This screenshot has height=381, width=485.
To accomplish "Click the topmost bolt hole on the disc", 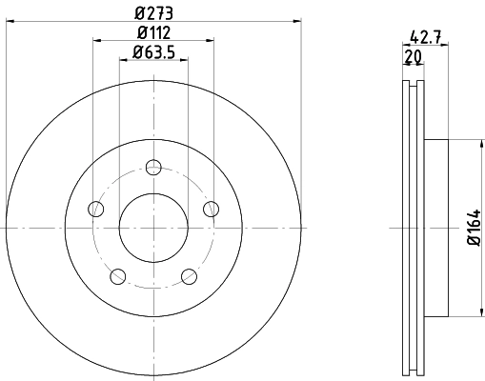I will [x=152, y=168].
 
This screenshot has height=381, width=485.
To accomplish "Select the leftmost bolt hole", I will [x=94, y=209].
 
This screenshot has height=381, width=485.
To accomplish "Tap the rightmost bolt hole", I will [x=211, y=209].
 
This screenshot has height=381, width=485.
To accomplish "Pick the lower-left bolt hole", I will [x=117, y=276].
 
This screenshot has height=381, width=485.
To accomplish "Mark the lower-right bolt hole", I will [x=188, y=276].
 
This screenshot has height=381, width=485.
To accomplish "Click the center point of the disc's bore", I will [x=152, y=229].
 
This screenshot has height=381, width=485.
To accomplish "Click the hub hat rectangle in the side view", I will [x=435, y=229].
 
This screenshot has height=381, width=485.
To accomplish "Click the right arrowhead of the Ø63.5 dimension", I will [x=183, y=60].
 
